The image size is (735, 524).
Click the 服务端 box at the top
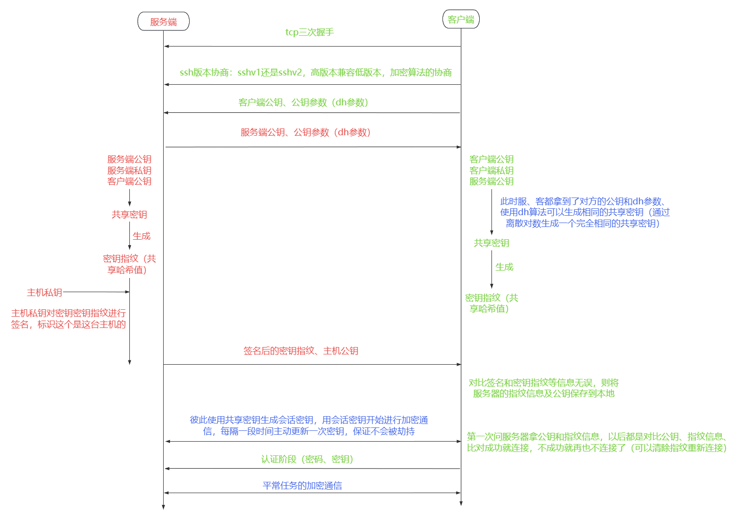pos(163,22)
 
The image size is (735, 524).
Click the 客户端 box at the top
pos(461,20)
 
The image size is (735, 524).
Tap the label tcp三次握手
pos(310,32)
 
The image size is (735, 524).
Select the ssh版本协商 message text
pos(316,73)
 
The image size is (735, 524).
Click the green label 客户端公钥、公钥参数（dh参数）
pos(303,102)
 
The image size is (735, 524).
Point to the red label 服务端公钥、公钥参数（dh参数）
pos(305,132)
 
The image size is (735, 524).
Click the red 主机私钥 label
pos(45,293)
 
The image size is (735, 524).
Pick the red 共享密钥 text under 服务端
pos(129,215)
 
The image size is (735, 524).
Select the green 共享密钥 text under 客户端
pos(491,243)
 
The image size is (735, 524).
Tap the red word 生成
pos(142,236)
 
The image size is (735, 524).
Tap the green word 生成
pos(504,267)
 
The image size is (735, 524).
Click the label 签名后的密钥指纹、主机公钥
pos(301,351)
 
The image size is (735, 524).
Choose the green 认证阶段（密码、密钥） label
pos(307,459)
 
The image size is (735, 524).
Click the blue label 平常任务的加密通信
pos(302,486)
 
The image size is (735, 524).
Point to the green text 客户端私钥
pos(491,171)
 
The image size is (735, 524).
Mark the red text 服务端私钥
pos(129,171)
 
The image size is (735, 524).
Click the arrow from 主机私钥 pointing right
pos(96,292)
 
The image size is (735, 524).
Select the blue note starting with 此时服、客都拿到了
pos(585,212)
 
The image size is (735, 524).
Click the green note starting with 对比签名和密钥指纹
pos(543,388)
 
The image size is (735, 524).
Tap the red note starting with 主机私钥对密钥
pos(69,319)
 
